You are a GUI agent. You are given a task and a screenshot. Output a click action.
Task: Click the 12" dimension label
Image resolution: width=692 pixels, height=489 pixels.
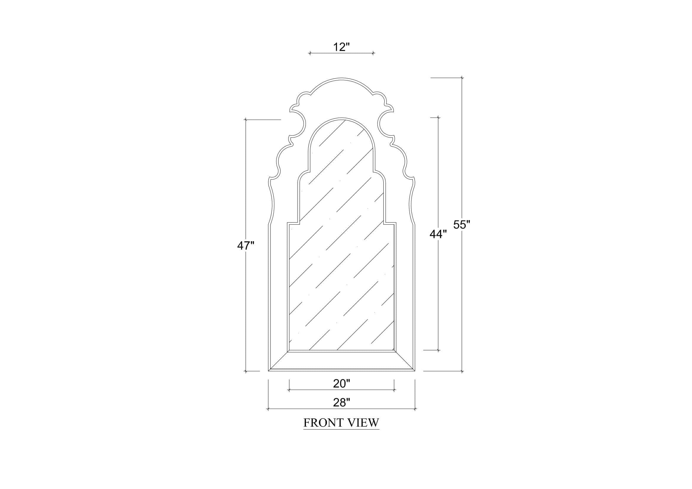341,47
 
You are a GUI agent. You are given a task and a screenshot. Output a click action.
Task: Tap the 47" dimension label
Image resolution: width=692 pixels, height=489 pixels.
246,246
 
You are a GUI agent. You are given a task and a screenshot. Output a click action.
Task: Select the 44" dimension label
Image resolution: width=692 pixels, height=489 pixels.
438,234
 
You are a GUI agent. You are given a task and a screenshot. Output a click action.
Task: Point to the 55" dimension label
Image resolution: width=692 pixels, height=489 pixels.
462,225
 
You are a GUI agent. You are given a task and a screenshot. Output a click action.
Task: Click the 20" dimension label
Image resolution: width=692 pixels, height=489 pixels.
341,384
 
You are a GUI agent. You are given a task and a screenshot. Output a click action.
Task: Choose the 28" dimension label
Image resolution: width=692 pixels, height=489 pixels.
341,403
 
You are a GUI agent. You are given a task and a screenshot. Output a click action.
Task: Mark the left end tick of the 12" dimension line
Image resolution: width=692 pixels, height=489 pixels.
309,53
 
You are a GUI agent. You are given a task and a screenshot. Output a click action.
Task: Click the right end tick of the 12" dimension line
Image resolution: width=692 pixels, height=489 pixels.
373,53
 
